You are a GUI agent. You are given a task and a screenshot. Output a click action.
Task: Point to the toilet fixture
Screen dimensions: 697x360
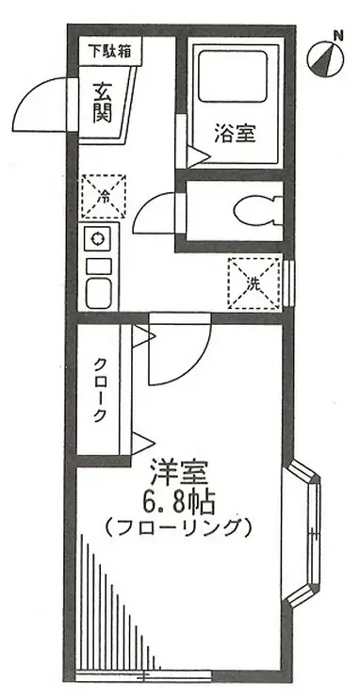254,208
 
